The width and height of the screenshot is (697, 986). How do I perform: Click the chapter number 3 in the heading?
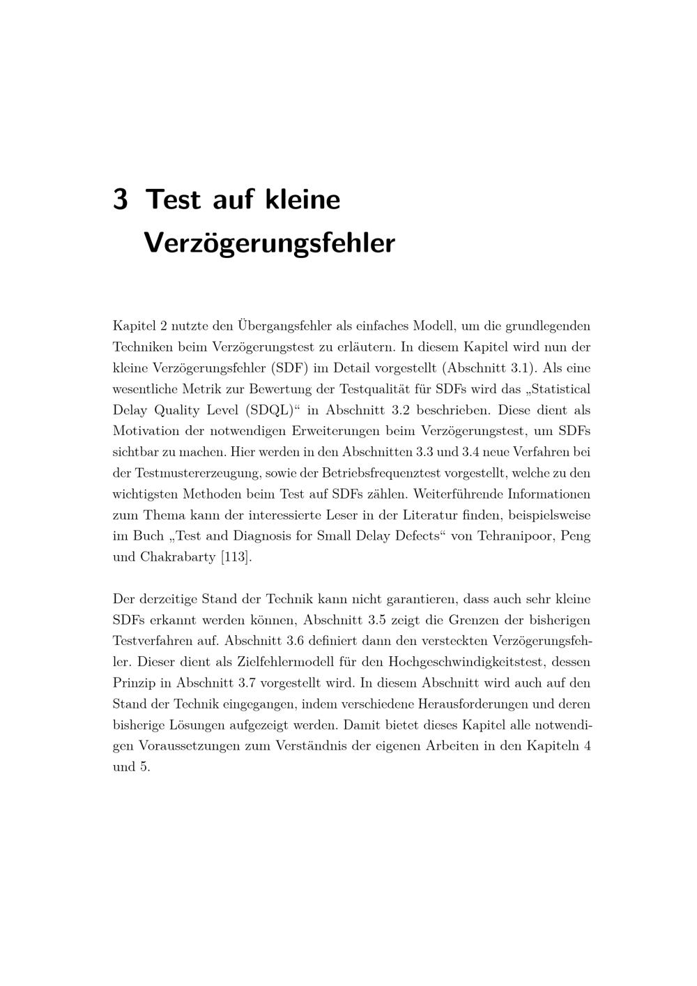(x=120, y=199)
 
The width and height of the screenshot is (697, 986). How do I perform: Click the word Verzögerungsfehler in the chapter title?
(x=269, y=243)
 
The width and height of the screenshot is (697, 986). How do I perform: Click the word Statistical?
(x=559, y=388)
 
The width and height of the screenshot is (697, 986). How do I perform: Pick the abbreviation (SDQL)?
(x=268, y=410)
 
